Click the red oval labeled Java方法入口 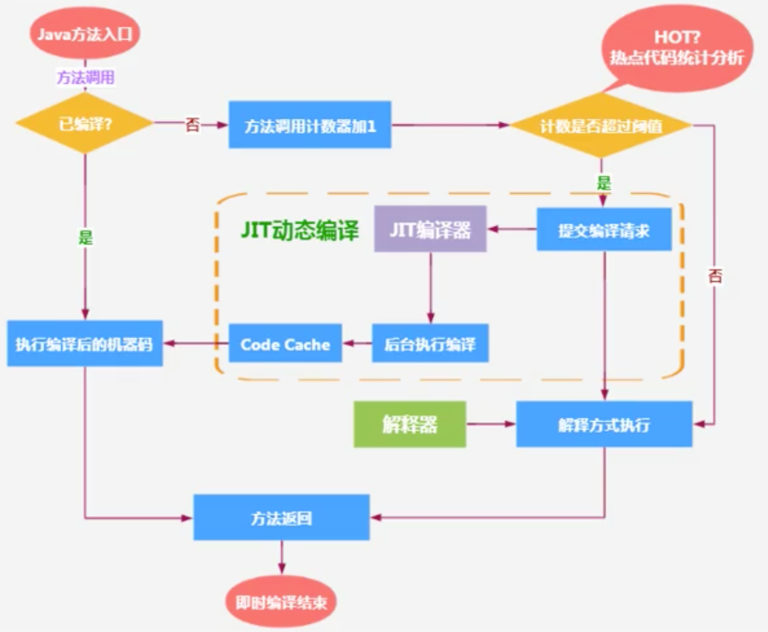coord(85,34)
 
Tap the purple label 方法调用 coord(86,77)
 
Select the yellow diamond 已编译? coord(85,124)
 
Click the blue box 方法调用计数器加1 coord(310,125)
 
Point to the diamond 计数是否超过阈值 coord(601,125)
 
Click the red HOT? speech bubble coord(677,48)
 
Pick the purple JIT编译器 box coord(431,229)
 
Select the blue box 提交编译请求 coord(604,230)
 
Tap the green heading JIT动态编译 coord(300,230)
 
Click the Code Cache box coord(285,344)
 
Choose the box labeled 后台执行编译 coord(430,344)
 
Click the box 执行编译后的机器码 coord(85,344)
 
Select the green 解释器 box coord(410,424)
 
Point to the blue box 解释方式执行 coord(604,424)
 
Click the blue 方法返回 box coord(282,517)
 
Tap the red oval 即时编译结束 coord(281,602)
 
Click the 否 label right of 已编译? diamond coord(192,125)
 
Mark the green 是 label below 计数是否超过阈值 coord(604,183)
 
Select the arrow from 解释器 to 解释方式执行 coord(491,424)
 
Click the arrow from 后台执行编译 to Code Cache coord(357,343)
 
